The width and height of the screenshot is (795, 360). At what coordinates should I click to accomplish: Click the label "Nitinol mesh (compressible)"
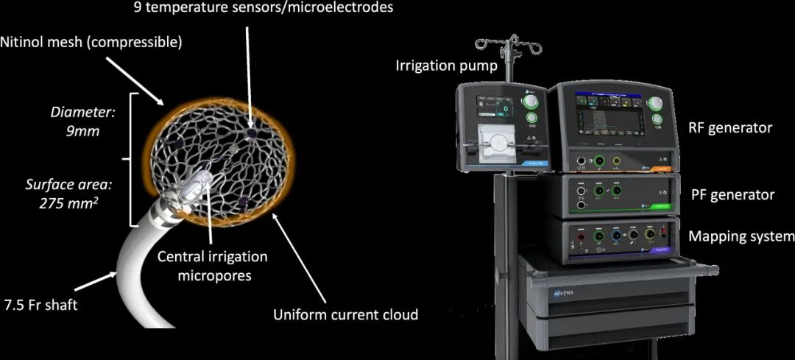pos(91,42)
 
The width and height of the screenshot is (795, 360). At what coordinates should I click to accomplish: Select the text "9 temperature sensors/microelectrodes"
pos(264,8)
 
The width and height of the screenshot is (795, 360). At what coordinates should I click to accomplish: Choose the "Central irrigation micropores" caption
pos(212,265)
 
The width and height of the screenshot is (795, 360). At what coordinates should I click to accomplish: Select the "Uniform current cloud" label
pos(345,314)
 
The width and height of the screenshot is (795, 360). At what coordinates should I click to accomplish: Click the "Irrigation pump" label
pos(446,66)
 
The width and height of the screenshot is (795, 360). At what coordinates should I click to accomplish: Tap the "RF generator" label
pos(730,127)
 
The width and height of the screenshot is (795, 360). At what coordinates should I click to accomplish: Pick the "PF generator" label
pos(732,195)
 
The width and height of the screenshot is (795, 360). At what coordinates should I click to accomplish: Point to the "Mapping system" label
pos(741,236)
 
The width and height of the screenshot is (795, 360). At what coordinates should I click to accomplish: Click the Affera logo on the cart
pos(563,292)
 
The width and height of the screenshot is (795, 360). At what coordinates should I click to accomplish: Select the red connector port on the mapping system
pos(582,238)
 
